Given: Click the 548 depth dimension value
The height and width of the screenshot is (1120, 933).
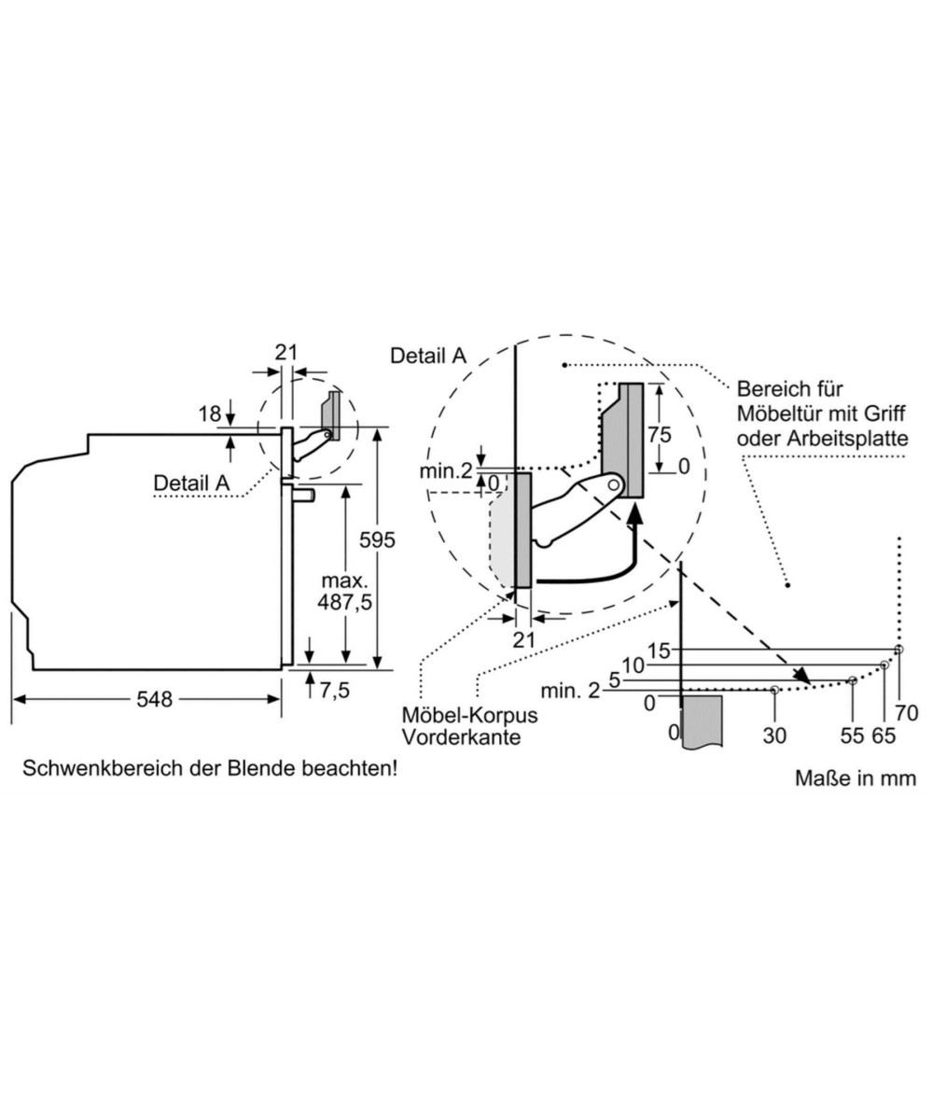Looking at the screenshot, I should click(x=155, y=699).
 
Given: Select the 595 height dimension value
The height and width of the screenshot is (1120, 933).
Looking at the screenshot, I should click(x=377, y=539).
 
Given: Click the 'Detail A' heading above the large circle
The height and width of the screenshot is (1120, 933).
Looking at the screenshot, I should click(x=427, y=356).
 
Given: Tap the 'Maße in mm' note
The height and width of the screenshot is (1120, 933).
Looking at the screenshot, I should click(x=856, y=777).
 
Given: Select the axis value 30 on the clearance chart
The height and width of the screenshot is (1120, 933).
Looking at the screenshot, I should click(x=774, y=735).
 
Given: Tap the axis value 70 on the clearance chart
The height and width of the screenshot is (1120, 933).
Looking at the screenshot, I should click(x=905, y=714).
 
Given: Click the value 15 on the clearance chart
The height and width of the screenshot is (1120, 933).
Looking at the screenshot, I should click(x=659, y=651).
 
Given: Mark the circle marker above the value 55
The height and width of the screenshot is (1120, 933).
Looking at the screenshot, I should click(x=852, y=680).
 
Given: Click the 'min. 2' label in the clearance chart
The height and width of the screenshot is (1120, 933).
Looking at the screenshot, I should click(x=570, y=691).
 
